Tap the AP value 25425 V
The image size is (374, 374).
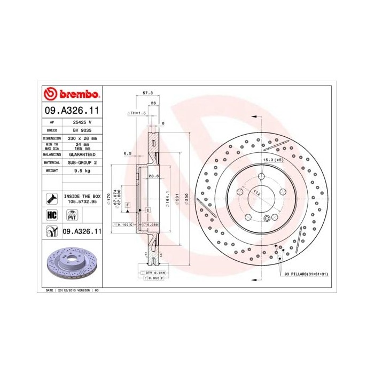[x=82, y=122]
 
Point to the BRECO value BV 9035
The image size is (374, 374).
[x=82, y=130]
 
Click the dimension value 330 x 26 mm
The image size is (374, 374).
[x=82, y=138]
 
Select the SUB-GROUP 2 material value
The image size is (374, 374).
[x=82, y=162]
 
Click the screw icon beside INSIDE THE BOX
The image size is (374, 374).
[x=52, y=199]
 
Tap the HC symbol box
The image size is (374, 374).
[x=52, y=215]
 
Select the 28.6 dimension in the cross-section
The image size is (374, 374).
[x=153, y=176]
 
